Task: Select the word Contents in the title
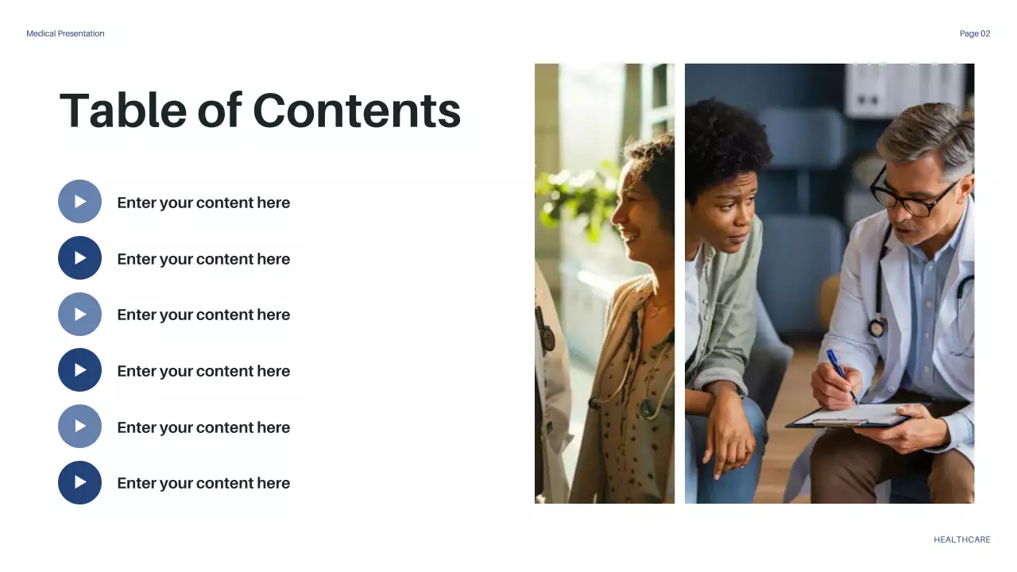pos(357,110)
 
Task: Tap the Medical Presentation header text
pos(65,33)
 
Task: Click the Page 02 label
pos(975,33)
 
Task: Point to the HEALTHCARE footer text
pos(962,539)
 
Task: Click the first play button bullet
pos(80,202)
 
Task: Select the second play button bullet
pos(80,258)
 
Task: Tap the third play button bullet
pos(80,315)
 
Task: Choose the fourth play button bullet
pos(80,370)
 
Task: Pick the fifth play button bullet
pos(80,427)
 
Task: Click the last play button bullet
pos(80,483)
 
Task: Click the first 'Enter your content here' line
pos(203,203)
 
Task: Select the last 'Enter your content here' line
pos(203,483)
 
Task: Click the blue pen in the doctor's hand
pos(841,373)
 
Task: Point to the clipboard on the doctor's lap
pos(850,417)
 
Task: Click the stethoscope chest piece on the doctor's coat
pos(878,327)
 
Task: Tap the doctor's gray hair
pos(930,131)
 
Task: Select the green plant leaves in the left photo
pos(576,195)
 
